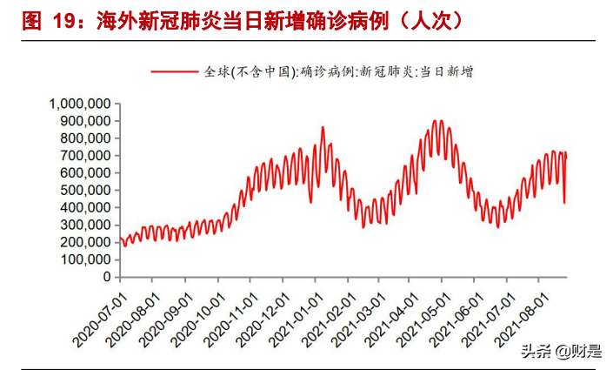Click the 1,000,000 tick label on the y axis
[x=80, y=104]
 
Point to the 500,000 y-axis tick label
[x=85, y=191]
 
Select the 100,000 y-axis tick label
[x=85, y=260]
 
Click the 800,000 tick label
[x=85, y=138]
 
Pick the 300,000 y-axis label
[x=85, y=225]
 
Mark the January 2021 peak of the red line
[x=323, y=128]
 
